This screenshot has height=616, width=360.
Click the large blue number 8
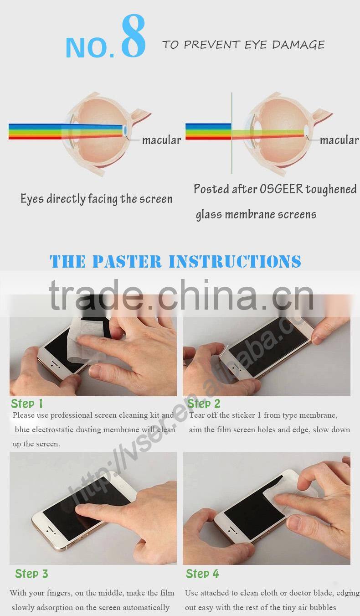[133, 37]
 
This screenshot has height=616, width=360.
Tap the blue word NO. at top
[90, 47]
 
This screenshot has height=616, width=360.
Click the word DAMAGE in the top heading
[298, 45]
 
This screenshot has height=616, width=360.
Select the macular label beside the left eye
[161, 140]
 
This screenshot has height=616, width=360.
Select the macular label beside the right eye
[339, 140]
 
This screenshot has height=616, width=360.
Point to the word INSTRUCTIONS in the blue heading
[235, 262]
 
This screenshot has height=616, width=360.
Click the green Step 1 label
[27, 404]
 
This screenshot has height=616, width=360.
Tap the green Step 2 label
[204, 404]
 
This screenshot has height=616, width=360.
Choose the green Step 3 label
[31, 574]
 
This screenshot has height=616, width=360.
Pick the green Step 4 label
[202, 574]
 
